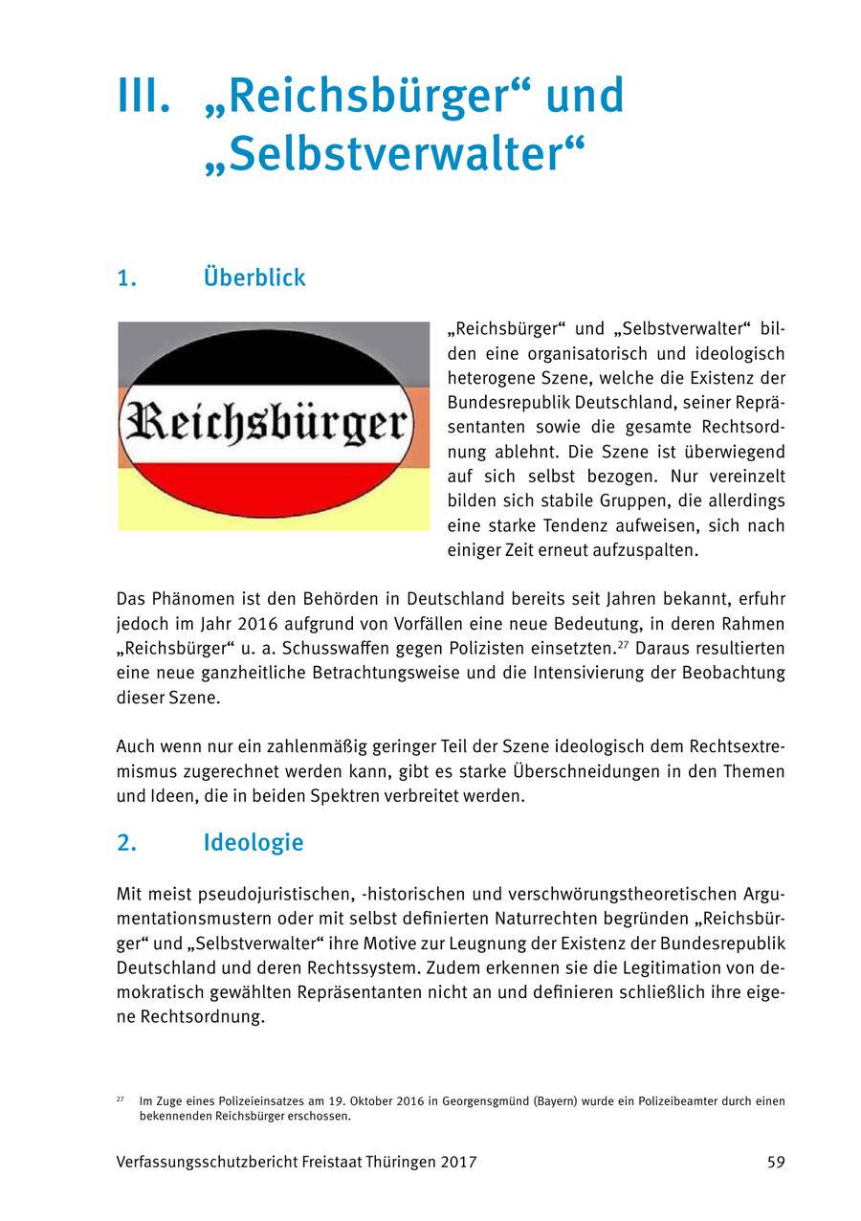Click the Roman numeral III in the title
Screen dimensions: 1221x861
143,96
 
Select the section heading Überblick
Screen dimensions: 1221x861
254,278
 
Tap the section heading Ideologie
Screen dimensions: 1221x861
254,843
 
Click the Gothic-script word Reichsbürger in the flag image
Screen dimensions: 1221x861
274,426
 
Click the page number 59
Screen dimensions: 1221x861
775,1163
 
